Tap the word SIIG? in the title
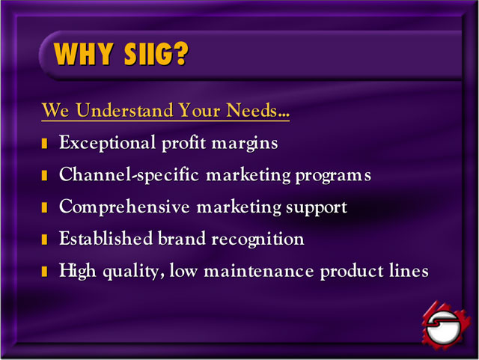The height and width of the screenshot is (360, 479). click(x=156, y=54)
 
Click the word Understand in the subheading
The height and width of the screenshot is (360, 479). click(x=125, y=110)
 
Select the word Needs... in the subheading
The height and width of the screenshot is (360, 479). click(x=257, y=110)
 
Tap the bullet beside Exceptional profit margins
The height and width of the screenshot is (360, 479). click(x=44, y=144)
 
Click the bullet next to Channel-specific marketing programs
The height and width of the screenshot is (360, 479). click(x=44, y=175)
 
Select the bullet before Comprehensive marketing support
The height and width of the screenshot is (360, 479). click(x=44, y=207)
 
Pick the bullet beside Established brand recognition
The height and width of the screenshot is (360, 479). click(x=44, y=240)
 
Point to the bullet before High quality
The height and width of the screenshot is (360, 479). click(x=44, y=272)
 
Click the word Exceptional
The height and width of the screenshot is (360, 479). click(x=107, y=144)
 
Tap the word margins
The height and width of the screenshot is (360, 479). click(x=245, y=144)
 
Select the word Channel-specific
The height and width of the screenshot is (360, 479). click(x=129, y=175)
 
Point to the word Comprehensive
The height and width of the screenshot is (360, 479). click(x=124, y=207)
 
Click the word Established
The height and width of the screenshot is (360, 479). click(x=106, y=239)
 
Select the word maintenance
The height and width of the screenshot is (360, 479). click(x=259, y=271)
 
